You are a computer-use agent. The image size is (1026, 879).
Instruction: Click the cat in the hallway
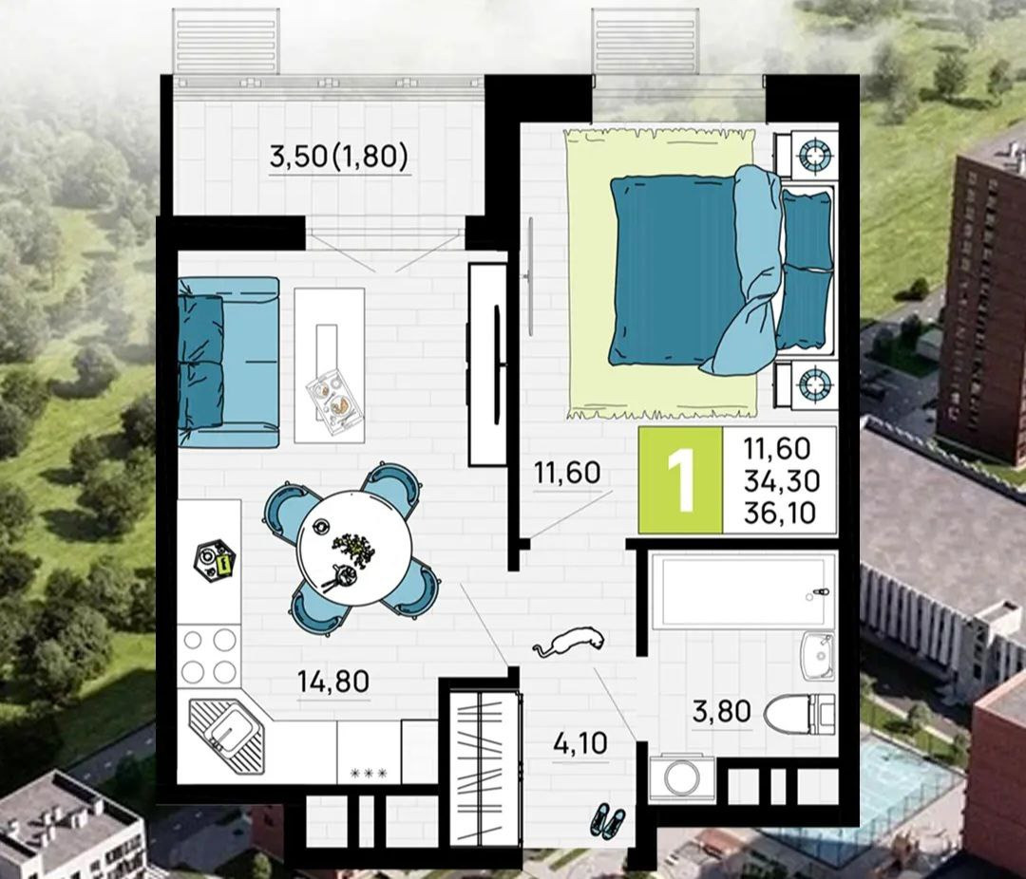[568, 641]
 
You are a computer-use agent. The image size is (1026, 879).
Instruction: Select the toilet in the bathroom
[799, 714]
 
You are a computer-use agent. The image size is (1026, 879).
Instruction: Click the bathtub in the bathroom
[743, 591]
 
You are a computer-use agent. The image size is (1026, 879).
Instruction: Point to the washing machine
[682, 777]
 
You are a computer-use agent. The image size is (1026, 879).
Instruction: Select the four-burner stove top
[209, 655]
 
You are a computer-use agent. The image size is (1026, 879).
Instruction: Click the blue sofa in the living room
[228, 363]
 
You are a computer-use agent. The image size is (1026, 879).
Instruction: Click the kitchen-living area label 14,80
[333, 682]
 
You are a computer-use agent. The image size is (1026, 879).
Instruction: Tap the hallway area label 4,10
[579, 743]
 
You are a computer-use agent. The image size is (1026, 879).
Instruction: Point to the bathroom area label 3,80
[722, 712]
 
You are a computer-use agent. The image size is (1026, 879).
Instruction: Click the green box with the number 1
[680, 480]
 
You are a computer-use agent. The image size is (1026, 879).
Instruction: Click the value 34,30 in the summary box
[782, 481]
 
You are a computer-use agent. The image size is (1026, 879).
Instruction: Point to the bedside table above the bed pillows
[807, 155]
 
